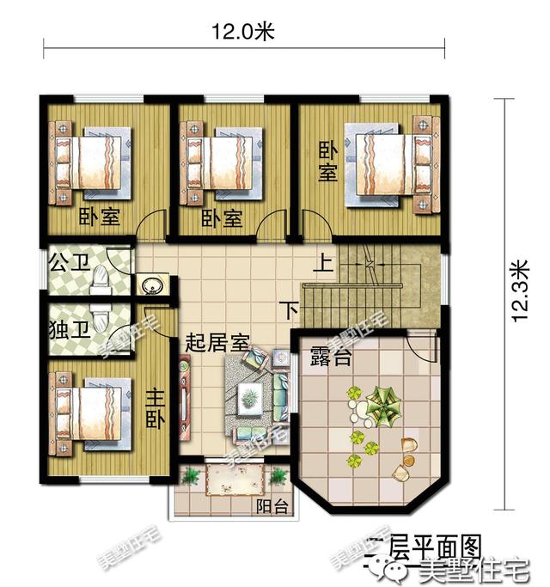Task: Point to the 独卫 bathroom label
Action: pyautogui.click(x=67, y=328)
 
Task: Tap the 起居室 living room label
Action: pyautogui.click(x=217, y=340)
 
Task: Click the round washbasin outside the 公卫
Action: pyautogui.click(x=154, y=284)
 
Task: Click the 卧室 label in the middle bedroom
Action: pyautogui.click(x=222, y=218)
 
